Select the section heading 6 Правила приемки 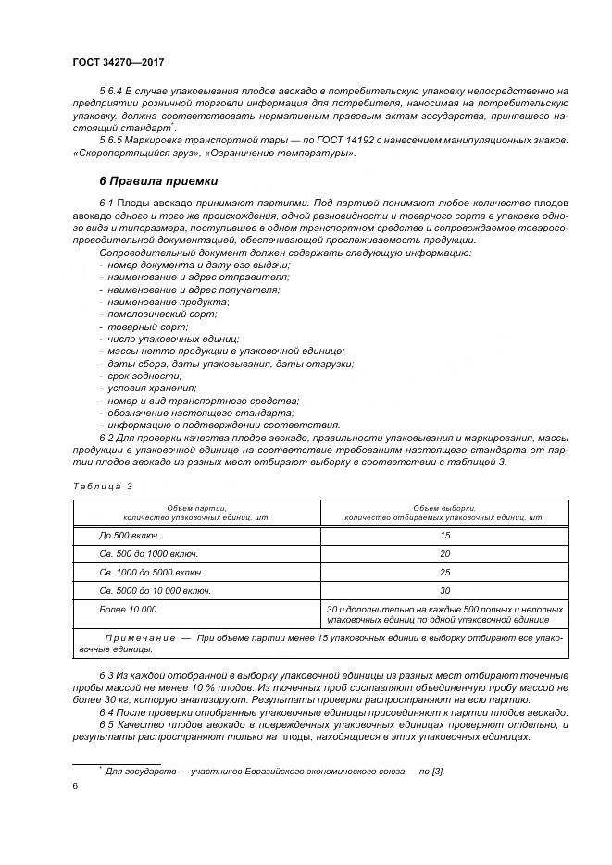tap(158, 179)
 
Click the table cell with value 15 tap(444, 536)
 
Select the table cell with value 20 tap(444, 553)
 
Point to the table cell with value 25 tap(444, 572)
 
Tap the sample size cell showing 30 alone tap(444, 590)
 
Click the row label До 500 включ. tap(130, 536)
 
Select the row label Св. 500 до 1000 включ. tap(148, 553)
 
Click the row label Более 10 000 tap(128, 609)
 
